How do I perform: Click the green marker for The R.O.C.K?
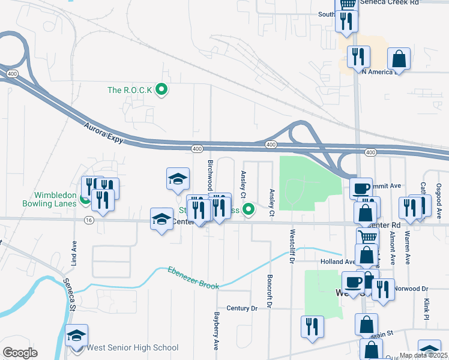[x=161, y=90]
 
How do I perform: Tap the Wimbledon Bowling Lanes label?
[x=47, y=199]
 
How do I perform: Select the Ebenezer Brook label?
[x=193, y=277]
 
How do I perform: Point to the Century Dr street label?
[x=242, y=308]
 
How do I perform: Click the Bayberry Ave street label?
[x=216, y=331]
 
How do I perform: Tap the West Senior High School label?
[x=133, y=347]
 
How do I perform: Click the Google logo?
[x=20, y=353]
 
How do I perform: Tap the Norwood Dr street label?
[x=411, y=288]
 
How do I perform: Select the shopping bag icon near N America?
[x=399, y=59]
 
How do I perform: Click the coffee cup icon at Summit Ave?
[x=361, y=188]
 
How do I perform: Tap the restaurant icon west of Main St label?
[x=312, y=326]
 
